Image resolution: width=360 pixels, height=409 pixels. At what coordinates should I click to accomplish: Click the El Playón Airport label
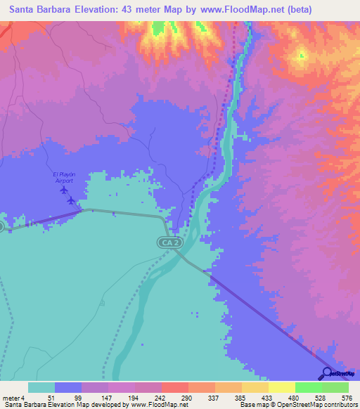(63, 177)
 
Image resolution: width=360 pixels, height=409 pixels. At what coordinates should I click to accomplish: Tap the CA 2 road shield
(167, 242)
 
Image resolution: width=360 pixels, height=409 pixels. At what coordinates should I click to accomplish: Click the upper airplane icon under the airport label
(65, 190)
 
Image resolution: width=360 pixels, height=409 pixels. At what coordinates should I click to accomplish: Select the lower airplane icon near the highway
(71, 200)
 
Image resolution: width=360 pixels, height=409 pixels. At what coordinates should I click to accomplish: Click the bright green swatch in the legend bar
(308, 387)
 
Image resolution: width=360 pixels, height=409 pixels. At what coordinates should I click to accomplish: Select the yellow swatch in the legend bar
(281, 387)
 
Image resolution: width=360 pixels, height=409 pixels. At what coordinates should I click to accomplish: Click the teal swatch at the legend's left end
(41, 387)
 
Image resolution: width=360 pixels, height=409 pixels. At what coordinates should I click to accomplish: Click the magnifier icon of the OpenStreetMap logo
(326, 372)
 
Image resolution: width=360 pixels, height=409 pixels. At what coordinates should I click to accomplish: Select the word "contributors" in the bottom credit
(340, 404)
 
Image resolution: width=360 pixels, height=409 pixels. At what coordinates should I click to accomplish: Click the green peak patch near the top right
(301, 54)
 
